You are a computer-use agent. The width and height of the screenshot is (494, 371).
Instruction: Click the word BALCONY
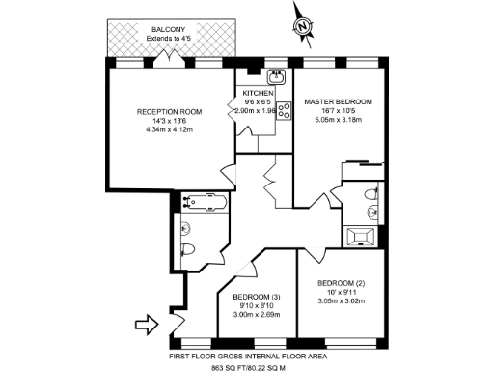[170, 30]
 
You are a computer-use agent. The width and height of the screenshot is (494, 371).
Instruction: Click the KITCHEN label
[260, 92]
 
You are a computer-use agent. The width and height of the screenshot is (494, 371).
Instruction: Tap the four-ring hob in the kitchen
[285, 110]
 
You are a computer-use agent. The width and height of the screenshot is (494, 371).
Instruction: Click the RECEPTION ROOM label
[169, 112]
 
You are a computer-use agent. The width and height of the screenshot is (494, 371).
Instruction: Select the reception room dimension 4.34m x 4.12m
[169, 130]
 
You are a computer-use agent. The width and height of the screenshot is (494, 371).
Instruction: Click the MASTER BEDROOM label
[339, 101]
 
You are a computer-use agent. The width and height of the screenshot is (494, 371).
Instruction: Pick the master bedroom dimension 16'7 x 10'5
[339, 112]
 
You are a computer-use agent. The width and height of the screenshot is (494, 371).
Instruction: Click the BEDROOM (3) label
[259, 296]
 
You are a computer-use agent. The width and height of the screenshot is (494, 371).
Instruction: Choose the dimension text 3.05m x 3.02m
[344, 301]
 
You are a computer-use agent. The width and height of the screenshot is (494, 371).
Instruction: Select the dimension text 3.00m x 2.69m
[259, 314]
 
